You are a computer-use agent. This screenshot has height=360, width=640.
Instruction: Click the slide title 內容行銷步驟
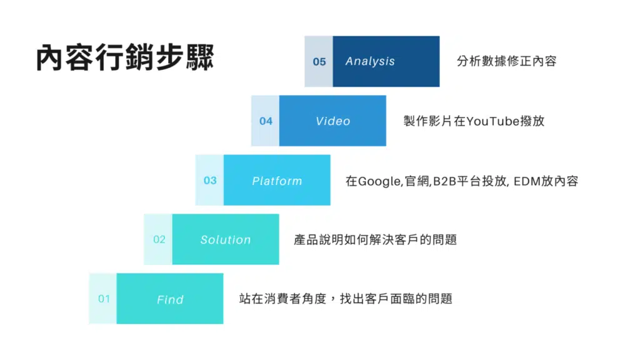point(125,57)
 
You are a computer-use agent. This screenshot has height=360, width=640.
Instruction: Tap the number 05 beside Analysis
point(319,62)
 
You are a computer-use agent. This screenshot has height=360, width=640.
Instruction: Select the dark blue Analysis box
point(386,61)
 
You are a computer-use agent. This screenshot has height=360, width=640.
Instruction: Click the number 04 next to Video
point(266,121)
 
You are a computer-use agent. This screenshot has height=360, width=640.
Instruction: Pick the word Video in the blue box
point(332,121)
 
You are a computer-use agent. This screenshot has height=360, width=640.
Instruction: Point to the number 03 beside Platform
point(210,181)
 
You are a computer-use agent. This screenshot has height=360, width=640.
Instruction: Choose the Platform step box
point(277,180)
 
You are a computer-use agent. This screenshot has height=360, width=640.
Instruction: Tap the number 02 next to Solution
point(159,239)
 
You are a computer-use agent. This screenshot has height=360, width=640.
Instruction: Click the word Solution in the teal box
point(225,239)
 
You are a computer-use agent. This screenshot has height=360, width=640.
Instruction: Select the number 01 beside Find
point(104,299)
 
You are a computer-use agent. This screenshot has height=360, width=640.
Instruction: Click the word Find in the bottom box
point(170,299)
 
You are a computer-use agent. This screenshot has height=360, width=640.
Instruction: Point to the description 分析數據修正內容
point(506,61)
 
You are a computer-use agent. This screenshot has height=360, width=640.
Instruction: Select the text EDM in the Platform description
point(527,181)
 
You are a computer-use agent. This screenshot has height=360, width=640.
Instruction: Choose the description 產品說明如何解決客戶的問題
point(375,239)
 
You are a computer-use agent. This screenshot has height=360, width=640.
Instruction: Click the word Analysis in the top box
point(370,61)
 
